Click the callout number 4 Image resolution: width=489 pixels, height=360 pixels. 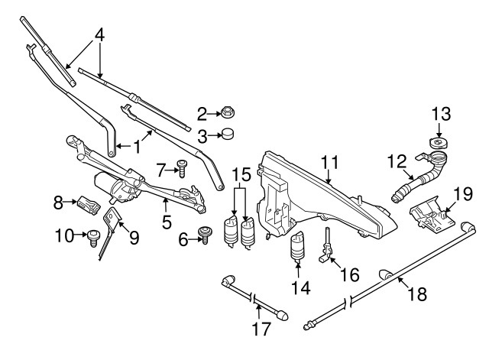pos(98,35)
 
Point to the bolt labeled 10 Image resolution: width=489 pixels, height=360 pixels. pos(94,237)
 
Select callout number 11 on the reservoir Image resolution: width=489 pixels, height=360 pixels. pos(329,162)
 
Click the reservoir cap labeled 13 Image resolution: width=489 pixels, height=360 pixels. pos(439,145)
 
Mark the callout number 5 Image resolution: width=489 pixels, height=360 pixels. pos(167,223)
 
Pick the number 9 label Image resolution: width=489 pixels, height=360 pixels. pos(134,238)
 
